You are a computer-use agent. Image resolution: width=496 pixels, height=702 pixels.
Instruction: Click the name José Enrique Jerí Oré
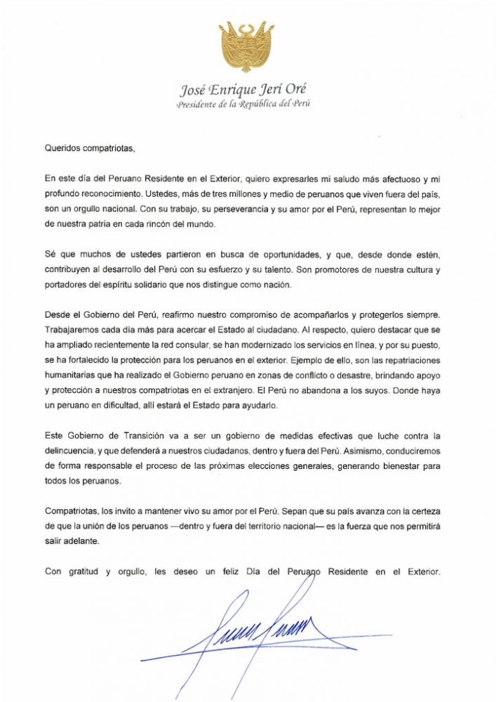click(243, 89)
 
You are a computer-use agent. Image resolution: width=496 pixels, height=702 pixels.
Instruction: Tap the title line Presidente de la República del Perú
click(243, 104)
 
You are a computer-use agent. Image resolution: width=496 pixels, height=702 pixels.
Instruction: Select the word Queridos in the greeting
click(62, 148)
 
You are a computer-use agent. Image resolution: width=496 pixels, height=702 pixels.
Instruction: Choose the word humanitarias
click(72, 375)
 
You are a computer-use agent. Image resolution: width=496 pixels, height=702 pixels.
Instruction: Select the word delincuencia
click(74, 451)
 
